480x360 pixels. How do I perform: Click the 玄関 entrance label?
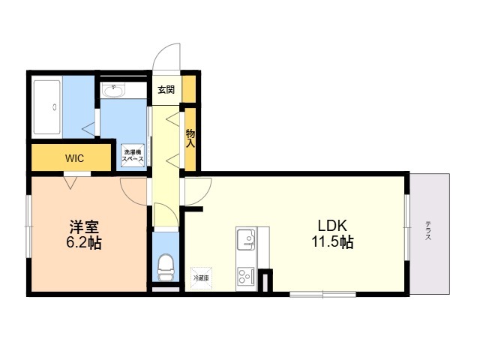(x=166, y=90)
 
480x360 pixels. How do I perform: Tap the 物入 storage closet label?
(x=190, y=138)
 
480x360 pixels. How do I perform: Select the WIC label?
(x=74, y=158)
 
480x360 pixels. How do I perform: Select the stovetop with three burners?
(x=246, y=276)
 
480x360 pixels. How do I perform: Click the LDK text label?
(x=332, y=226)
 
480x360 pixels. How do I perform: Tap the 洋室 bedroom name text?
(x=84, y=226)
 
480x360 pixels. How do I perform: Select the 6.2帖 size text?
(x=84, y=243)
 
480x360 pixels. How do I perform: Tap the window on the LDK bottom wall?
(x=313, y=293)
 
